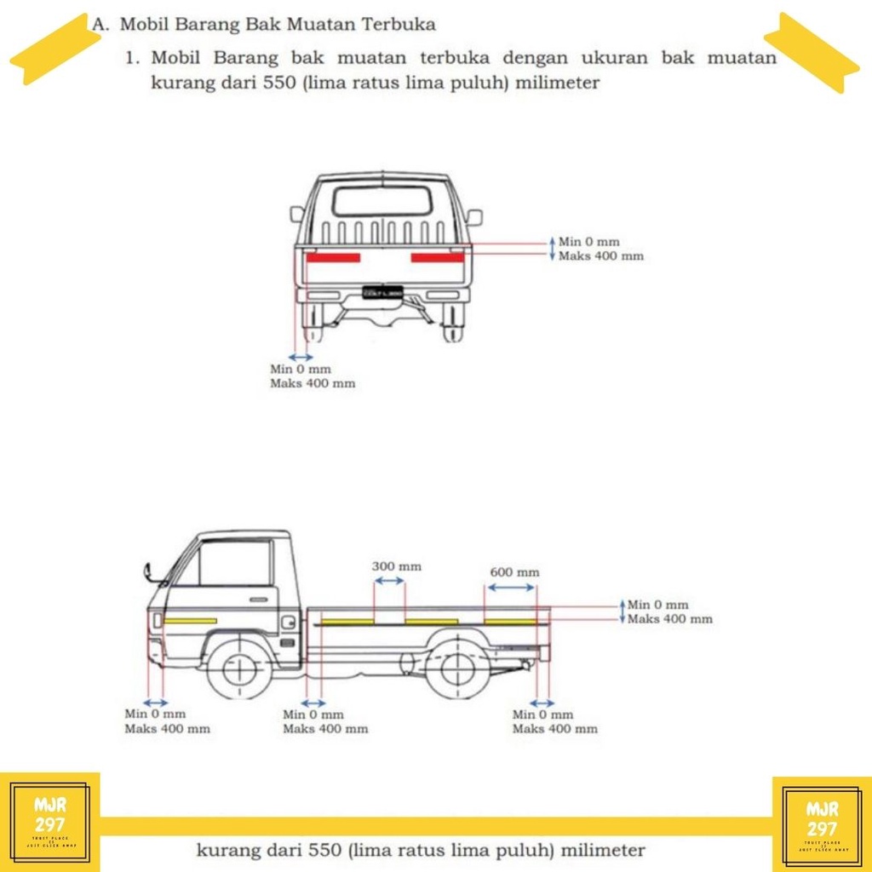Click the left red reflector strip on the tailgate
(x=334, y=257)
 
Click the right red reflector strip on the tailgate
(x=438, y=257)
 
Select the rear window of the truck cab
(x=381, y=201)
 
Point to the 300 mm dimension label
(x=396, y=566)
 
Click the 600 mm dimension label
(x=514, y=572)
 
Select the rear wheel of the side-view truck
(x=457, y=667)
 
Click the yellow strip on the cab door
(x=191, y=621)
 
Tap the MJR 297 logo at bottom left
(x=49, y=821)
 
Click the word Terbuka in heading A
(x=399, y=25)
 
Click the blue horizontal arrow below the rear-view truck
(x=301, y=356)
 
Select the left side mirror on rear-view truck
(x=297, y=214)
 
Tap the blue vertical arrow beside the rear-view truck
(x=552, y=249)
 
